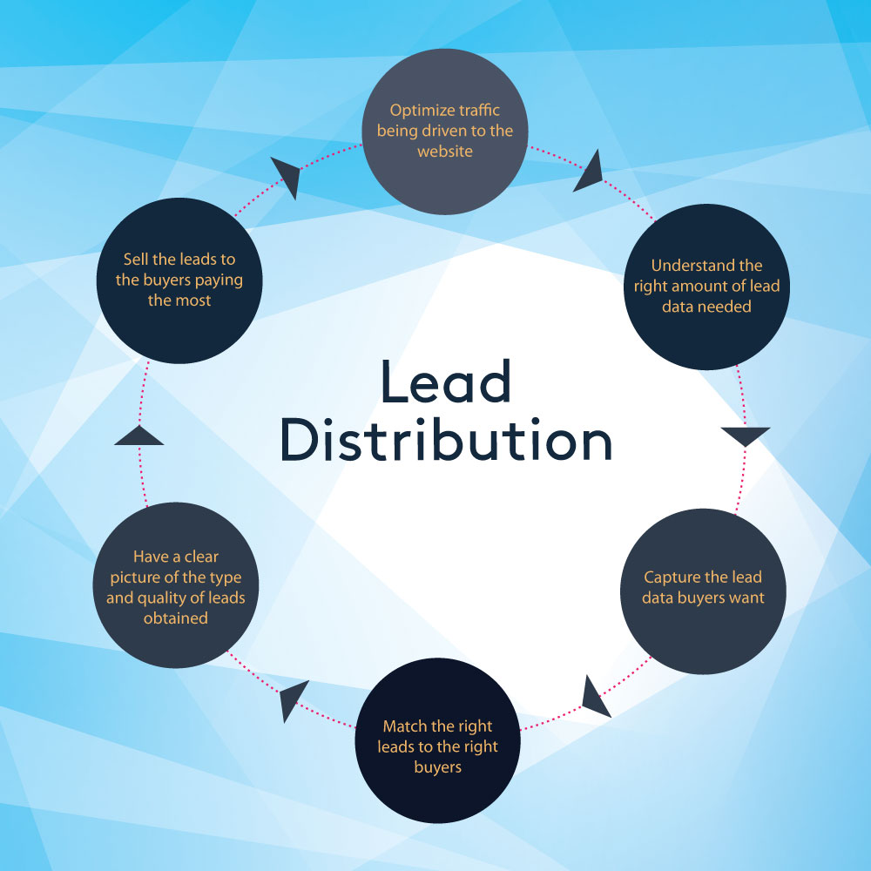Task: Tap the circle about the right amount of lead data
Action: [x=706, y=286]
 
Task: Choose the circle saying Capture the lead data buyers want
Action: [x=702, y=588]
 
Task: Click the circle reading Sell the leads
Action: [x=180, y=281]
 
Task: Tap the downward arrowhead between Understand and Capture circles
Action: [x=746, y=436]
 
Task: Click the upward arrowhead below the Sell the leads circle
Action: [x=139, y=435]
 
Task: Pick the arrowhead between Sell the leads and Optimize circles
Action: [x=287, y=175]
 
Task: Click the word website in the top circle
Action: [x=444, y=151]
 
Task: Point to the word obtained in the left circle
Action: [x=176, y=618]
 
